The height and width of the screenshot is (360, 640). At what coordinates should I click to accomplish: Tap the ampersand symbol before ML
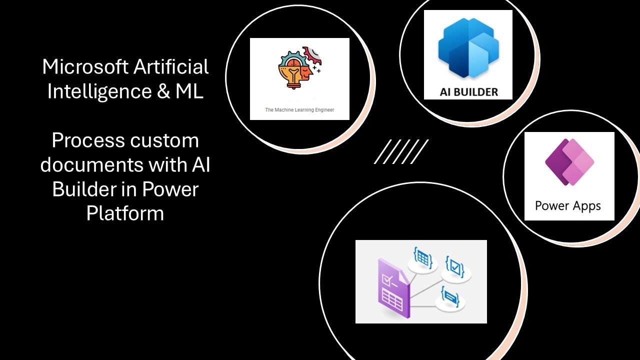click(x=163, y=91)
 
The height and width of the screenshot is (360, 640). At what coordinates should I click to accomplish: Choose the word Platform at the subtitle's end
click(x=125, y=213)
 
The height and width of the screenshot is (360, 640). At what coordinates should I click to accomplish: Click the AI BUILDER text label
click(x=468, y=91)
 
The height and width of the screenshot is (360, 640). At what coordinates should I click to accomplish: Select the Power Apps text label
click(x=568, y=205)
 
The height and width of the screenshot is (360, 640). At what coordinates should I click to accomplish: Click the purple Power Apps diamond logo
click(x=569, y=162)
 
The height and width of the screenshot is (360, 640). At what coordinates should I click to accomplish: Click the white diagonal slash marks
click(x=401, y=151)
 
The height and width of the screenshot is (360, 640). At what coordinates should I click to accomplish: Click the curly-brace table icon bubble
click(x=422, y=260)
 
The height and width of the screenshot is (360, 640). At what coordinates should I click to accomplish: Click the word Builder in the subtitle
click(x=80, y=189)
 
